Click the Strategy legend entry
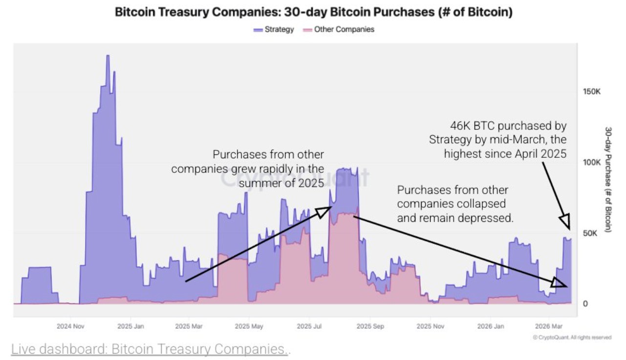click(x=274, y=29)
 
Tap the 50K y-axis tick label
click(x=590, y=233)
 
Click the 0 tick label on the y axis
click(x=585, y=303)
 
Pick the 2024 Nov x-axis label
click(x=71, y=326)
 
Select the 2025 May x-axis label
click(x=249, y=326)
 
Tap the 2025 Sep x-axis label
click(x=370, y=326)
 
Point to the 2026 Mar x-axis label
click(x=549, y=326)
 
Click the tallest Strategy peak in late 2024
click(x=108, y=56)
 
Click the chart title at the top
click(x=313, y=12)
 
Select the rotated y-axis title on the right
click(x=609, y=179)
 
